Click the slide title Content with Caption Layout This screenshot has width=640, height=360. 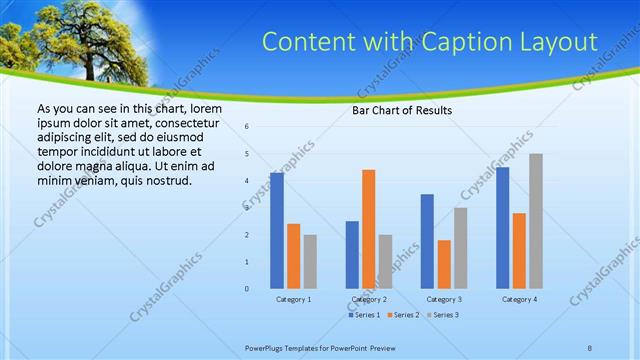click(429, 42)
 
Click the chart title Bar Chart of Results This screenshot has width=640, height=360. click(402, 110)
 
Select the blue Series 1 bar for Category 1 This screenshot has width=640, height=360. click(277, 230)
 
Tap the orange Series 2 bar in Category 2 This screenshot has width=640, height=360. click(368, 229)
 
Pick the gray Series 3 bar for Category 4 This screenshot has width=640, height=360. click(536, 221)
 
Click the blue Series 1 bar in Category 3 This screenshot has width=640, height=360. click(427, 241)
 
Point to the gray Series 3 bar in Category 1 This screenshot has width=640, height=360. click(310, 261)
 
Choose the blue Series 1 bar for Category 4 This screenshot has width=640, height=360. click(502, 227)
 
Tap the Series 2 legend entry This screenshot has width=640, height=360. click(406, 315)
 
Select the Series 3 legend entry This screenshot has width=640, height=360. click(446, 315)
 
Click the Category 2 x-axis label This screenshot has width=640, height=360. click(368, 299)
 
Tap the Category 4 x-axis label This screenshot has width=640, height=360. click(519, 299)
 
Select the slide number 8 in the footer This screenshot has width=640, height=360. click(589, 346)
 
